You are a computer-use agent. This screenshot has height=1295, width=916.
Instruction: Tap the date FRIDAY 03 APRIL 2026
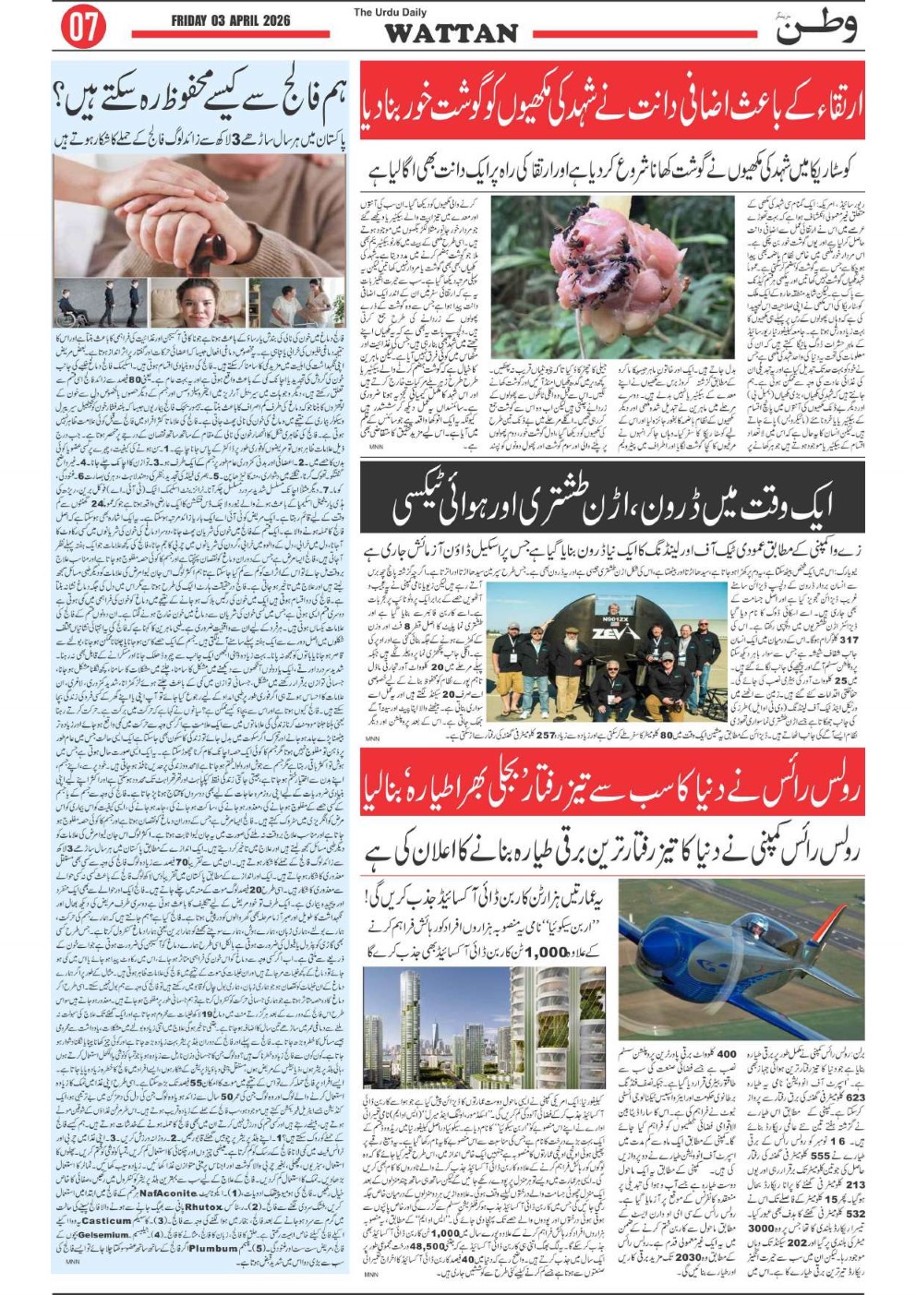point(231,21)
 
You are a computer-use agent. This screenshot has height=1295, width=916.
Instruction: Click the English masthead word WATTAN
point(451,33)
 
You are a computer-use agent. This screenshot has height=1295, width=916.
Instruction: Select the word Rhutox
point(204,1206)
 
